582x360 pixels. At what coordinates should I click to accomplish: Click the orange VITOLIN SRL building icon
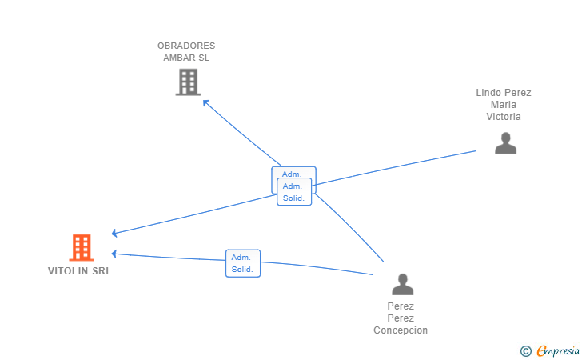82,247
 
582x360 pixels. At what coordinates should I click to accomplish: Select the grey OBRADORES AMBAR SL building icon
188,82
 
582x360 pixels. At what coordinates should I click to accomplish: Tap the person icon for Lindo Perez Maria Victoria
505,143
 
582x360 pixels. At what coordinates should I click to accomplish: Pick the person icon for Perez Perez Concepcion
402,284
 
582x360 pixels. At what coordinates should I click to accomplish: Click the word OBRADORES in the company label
186,46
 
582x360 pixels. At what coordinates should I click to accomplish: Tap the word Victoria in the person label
504,117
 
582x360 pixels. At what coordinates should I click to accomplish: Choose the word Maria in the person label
504,104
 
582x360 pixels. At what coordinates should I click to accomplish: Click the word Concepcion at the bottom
401,330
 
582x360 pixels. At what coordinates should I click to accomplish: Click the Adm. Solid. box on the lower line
243,263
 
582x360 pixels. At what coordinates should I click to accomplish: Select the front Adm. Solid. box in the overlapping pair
294,192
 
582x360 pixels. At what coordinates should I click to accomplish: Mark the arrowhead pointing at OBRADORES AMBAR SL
205,102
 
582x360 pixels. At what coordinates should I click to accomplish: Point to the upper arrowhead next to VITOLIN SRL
114,233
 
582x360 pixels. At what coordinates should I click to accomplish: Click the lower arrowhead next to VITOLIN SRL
114,254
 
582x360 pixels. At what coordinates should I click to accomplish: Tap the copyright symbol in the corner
526,351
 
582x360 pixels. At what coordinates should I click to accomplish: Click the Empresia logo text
558,351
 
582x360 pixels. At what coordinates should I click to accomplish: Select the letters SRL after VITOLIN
102,271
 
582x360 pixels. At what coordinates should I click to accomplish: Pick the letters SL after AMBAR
204,58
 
